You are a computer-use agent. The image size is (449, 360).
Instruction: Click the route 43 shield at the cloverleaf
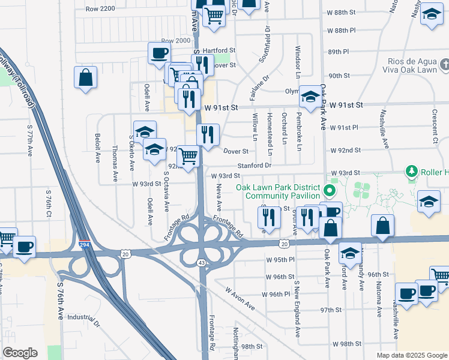coord(201,263)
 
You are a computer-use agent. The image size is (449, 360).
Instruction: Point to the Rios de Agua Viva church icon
coord(444,64)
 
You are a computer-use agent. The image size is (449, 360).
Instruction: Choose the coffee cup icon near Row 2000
coord(159,53)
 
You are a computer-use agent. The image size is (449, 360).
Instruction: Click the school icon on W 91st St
coord(310,97)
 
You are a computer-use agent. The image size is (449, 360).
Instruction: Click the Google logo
coord(20,353)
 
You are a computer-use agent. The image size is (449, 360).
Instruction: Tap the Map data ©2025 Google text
coord(411,355)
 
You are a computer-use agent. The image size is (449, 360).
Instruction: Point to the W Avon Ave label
coord(241,298)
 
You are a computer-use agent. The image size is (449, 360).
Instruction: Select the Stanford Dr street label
coord(255,165)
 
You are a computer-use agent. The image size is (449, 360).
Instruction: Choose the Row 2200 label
coord(100,9)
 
